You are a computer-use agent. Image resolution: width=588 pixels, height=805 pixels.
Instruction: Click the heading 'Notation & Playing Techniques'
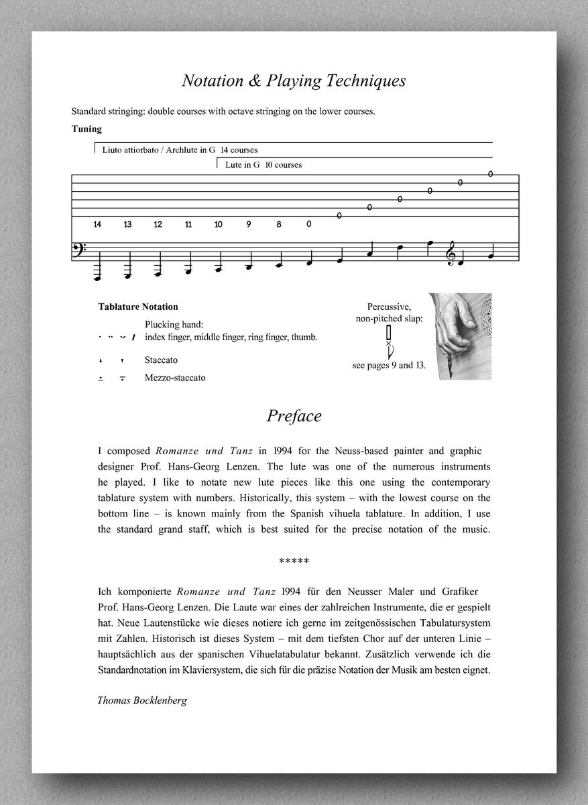pyautogui.click(x=294, y=81)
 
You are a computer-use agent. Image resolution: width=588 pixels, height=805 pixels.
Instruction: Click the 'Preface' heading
pyautogui.click(x=294, y=416)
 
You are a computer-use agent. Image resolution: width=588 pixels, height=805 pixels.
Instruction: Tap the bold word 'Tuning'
pyautogui.click(x=86, y=129)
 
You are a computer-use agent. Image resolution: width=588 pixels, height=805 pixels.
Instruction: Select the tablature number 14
pyautogui.click(x=98, y=224)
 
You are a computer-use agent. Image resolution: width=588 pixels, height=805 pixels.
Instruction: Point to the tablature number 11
pyautogui.click(x=188, y=224)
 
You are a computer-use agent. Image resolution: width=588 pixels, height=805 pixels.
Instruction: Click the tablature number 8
pyautogui.click(x=279, y=224)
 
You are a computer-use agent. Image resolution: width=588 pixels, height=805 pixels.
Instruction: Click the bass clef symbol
pyautogui.click(x=78, y=255)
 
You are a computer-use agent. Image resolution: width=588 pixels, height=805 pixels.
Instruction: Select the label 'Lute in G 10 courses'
pyautogui.click(x=263, y=164)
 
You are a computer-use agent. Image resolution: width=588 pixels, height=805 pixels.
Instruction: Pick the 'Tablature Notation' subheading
pyautogui.click(x=138, y=307)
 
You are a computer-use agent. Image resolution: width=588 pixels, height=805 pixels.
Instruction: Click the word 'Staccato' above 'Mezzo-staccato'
pyautogui.click(x=161, y=360)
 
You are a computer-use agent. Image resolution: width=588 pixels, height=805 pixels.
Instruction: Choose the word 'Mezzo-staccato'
pyautogui.click(x=175, y=378)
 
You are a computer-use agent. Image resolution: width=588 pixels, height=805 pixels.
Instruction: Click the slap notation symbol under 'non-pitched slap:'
pyautogui.click(x=388, y=341)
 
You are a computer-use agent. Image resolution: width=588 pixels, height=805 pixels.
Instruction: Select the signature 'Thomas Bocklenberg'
pyautogui.click(x=142, y=700)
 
